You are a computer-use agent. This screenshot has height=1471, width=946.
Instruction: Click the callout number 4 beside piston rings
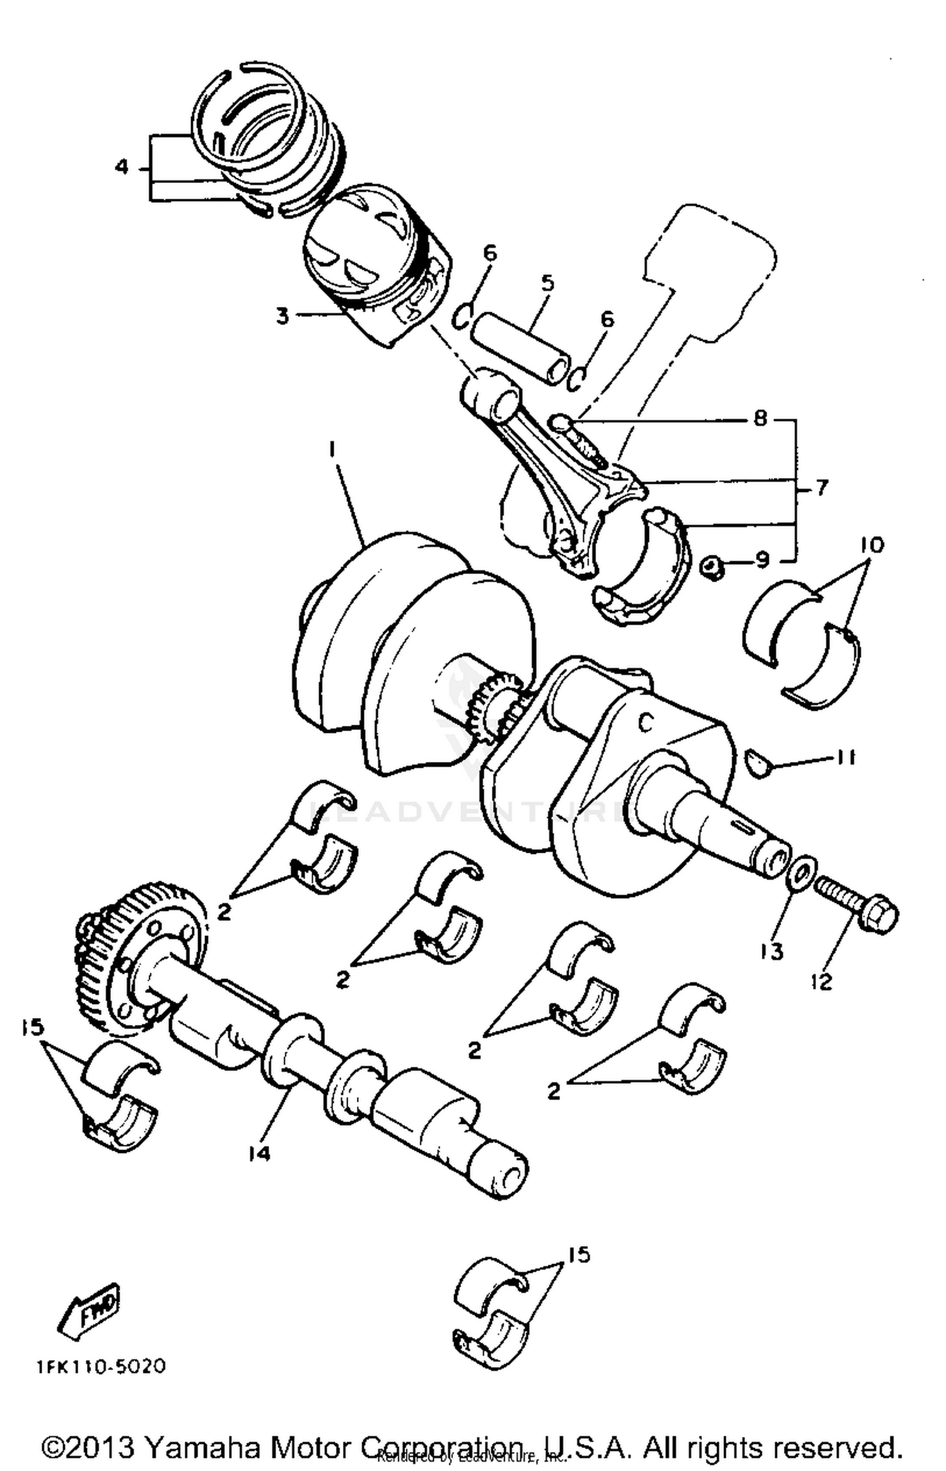click(x=122, y=167)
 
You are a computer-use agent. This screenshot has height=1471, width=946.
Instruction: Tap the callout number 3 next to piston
click(x=282, y=315)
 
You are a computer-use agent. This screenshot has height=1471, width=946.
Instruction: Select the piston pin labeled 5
click(x=520, y=346)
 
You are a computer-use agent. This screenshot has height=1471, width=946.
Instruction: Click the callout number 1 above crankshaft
click(x=332, y=448)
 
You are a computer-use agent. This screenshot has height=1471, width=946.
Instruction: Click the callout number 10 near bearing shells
click(x=872, y=544)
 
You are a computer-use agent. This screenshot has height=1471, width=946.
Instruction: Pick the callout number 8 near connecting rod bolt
click(x=761, y=418)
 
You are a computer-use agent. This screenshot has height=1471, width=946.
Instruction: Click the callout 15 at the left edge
click(x=31, y=1028)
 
